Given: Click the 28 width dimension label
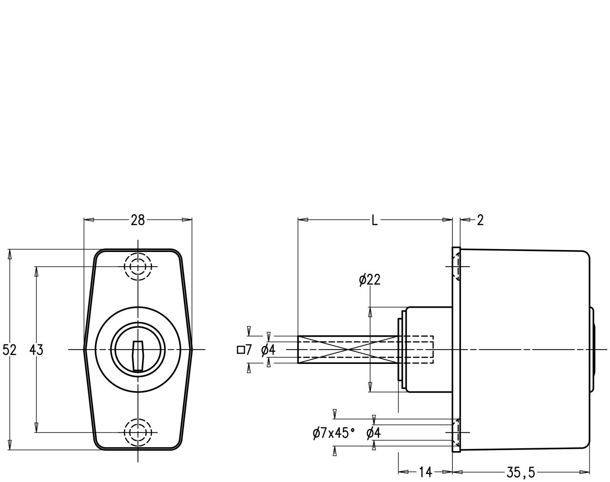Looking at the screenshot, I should pos(138,220).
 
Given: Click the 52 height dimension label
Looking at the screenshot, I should pos(10,350).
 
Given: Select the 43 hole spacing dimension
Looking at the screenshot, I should pos(36,350).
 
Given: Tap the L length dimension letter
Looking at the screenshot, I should pos(375,220).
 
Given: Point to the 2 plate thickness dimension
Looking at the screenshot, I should pos(480,220).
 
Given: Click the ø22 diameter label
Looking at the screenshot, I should pos(370,280).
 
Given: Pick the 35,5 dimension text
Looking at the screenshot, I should pos(520,472).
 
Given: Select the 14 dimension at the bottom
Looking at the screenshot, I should pos(425,472).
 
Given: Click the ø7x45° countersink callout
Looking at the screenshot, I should pos(334,433).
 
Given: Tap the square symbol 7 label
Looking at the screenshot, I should pos(244,350).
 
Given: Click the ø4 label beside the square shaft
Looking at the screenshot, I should pos(268,350).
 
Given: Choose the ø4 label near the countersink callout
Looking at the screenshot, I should pos(374,433).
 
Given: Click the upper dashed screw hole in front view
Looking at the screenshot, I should pos(138,267).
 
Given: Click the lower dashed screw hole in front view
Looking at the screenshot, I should pos(138,432).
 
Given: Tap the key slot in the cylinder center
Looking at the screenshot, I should pos(138,356).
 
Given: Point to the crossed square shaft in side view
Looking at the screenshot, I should pos(348,350).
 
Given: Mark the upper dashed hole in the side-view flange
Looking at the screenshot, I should pos(456,267).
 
